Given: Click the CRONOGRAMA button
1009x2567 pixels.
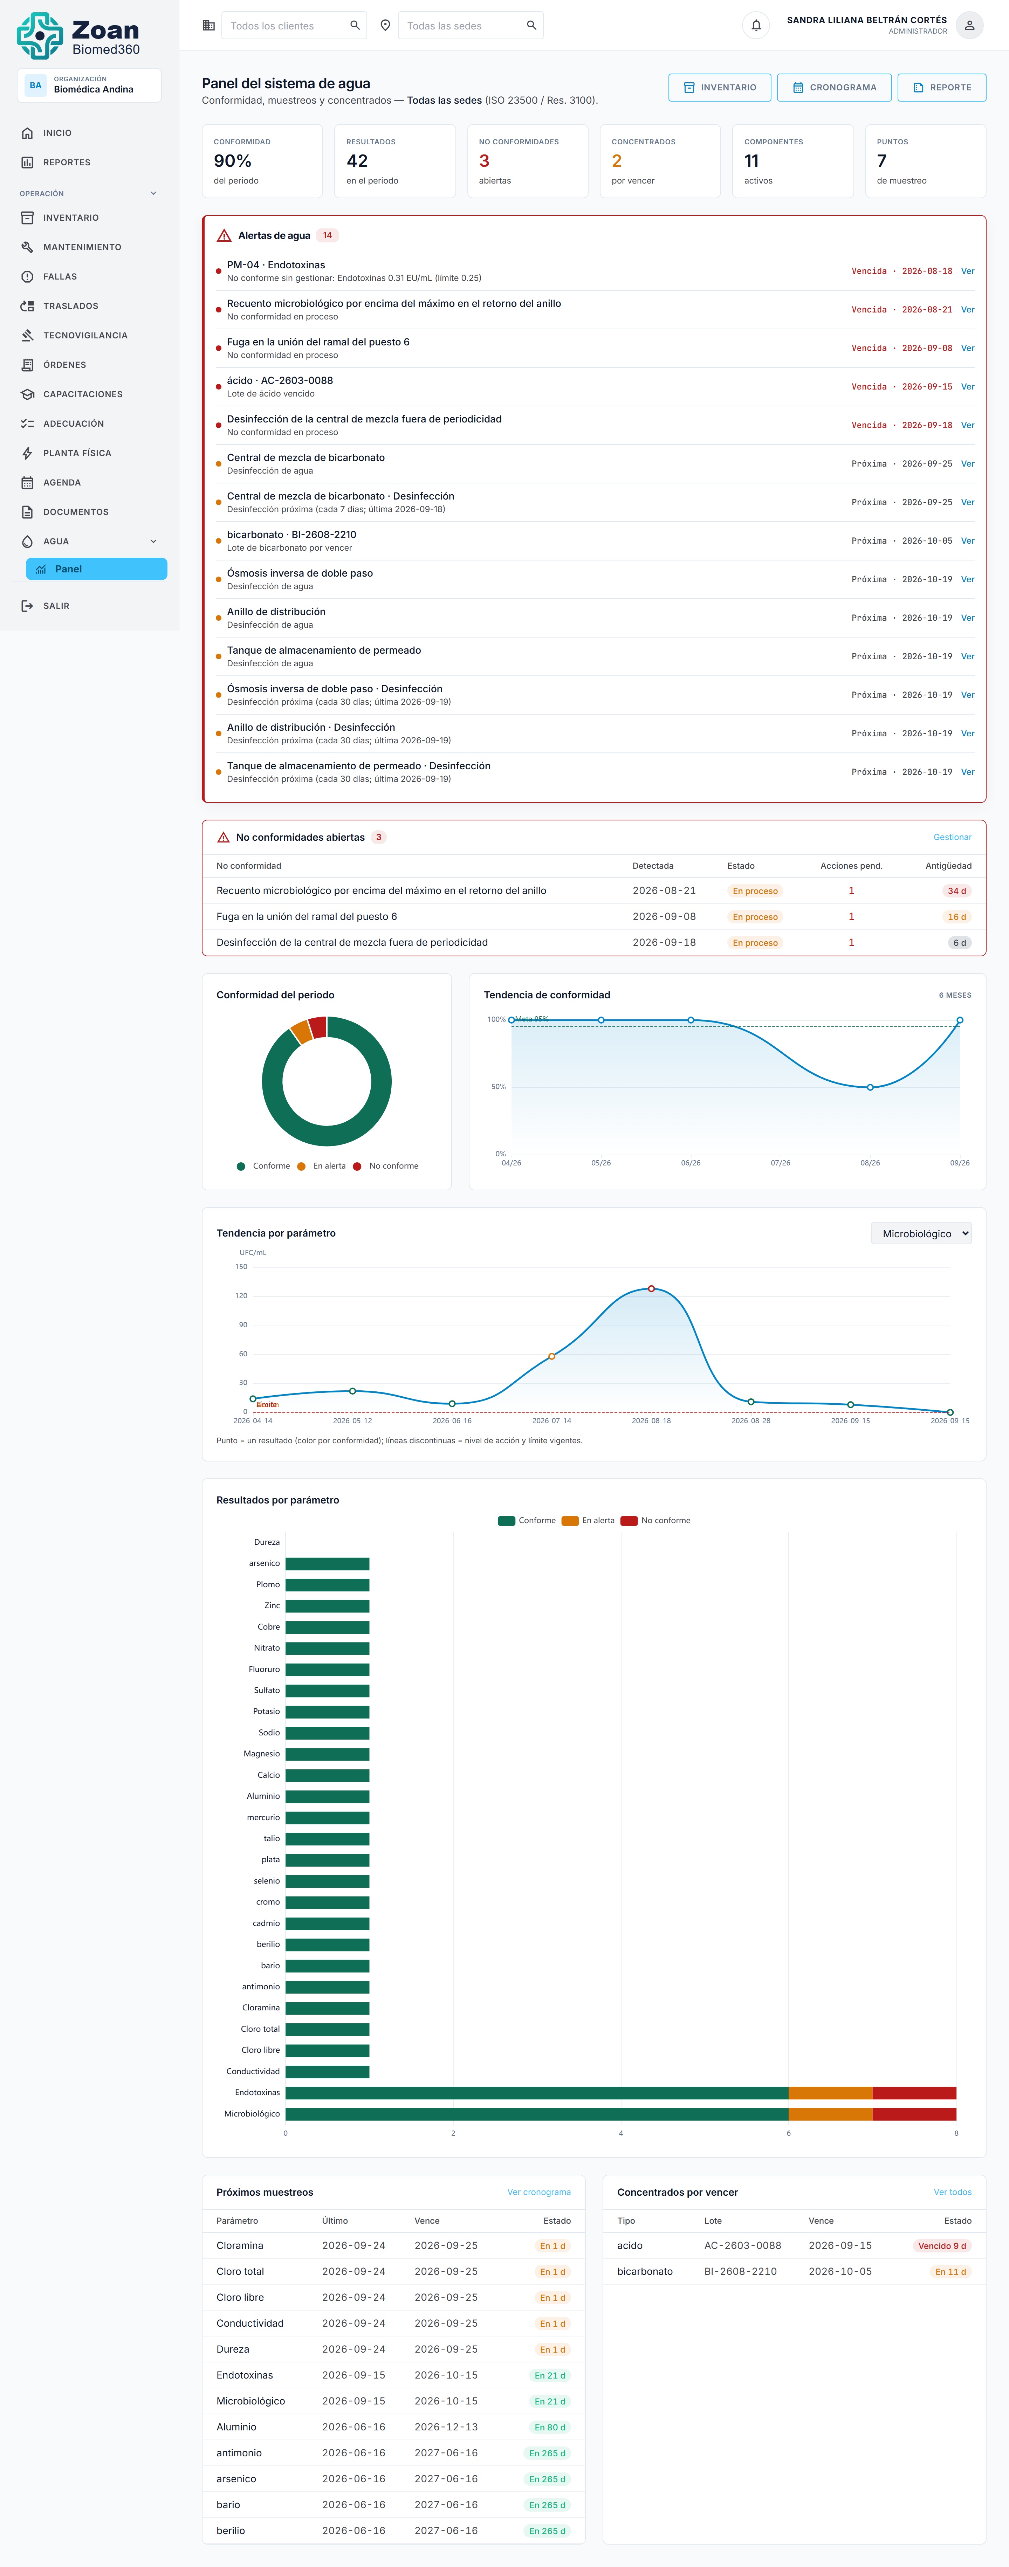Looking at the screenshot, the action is click(x=833, y=88).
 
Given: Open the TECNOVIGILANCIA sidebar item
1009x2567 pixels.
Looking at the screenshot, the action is click(x=85, y=336).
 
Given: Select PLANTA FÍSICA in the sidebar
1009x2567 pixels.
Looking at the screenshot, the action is click(x=77, y=453).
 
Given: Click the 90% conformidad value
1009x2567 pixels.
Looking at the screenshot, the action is click(x=232, y=160).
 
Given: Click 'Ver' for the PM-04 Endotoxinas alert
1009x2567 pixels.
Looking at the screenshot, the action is click(x=967, y=271).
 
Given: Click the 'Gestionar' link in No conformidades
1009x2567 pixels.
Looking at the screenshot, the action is click(x=952, y=837).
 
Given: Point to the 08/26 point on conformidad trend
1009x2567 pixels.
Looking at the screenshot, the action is click(x=870, y=1087).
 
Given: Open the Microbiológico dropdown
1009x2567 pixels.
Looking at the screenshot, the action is click(x=921, y=1234).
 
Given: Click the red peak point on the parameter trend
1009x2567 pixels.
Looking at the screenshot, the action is click(x=651, y=1288).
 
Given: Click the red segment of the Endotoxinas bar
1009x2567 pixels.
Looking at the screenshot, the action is click(x=914, y=2093).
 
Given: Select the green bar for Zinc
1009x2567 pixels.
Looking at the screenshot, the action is click(x=327, y=1605).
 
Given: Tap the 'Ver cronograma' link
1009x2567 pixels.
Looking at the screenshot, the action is click(x=538, y=2192).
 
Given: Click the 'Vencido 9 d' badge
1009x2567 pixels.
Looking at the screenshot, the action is click(x=941, y=2246).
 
